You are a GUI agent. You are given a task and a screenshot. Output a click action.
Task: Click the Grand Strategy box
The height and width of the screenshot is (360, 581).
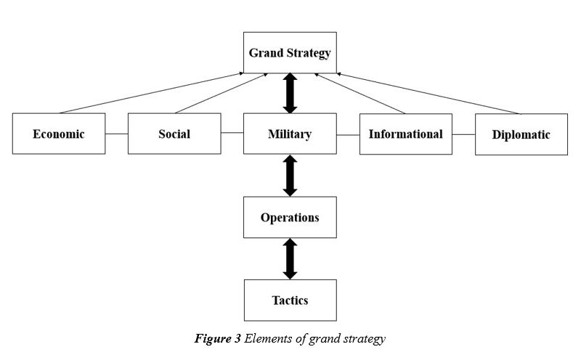pyautogui.click(x=290, y=52)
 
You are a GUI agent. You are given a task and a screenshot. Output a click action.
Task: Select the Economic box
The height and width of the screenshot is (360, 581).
pyautogui.click(x=59, y=134)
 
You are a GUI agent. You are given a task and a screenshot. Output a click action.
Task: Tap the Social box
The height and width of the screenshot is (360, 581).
pyautogui.click(x=174, y=134)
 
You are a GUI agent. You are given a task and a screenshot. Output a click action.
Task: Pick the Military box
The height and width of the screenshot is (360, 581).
pyautogui.click(x=290, y=134)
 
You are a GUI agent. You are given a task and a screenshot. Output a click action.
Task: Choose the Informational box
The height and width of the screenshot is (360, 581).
pyautogui.click(x=406, y=134)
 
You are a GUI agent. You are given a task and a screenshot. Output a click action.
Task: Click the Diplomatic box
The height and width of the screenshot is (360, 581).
pyautogui.click(x=521, y=134)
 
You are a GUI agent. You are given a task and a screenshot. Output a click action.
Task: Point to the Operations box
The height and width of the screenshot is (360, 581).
pyautogui.click(x=290, y=218)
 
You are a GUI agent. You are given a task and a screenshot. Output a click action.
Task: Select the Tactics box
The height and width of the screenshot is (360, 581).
pyautogui.click(x=290, y=300)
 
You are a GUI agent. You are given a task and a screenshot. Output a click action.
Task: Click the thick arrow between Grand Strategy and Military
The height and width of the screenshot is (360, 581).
pyautogui.click(x=290, y=93)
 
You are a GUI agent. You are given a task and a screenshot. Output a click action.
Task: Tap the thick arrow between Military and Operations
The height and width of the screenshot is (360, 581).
pyautogui.click(x=290, y=176)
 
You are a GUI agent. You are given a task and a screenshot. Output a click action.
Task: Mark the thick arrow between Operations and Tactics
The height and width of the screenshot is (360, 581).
pyautogui.click(x=290, y=259)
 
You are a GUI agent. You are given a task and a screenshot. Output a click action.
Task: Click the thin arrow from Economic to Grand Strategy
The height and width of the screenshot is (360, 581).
pyautogui.click(x=152, y=93)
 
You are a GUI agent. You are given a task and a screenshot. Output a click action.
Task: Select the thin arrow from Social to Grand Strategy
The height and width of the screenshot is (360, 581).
pyautogui.click(x=222, y=94)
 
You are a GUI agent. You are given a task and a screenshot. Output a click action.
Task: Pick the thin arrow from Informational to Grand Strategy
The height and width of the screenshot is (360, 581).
pyautogui.click(x=359, y=94)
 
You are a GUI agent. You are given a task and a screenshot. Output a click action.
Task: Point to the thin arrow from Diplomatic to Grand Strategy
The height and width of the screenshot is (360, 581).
pyautogui.click(x=428, y=94)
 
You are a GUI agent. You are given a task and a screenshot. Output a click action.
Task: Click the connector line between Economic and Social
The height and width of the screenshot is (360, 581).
pyautogui.click(x=116, y=134)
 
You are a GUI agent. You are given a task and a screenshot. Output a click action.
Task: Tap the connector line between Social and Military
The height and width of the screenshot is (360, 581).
pyautogui.click(x=232, y=133)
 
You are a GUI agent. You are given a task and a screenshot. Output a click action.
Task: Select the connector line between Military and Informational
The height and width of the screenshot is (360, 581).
pyautogui.click(x=348, y=135)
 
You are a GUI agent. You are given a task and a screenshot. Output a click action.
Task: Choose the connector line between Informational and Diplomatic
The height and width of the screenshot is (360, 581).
pyautogui.click(x=463, y=134)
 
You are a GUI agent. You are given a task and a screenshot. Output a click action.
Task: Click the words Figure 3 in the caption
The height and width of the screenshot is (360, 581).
pyautogui.click(x=217, y=338)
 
